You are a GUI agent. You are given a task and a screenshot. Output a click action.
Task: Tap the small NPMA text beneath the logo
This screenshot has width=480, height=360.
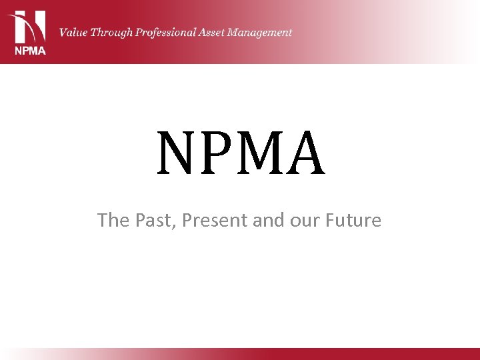click(29, 51)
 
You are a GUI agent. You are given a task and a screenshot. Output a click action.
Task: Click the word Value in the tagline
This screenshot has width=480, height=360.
click(74, 32)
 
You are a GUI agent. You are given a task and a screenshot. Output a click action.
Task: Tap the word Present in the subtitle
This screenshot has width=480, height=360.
click(213, 220)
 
